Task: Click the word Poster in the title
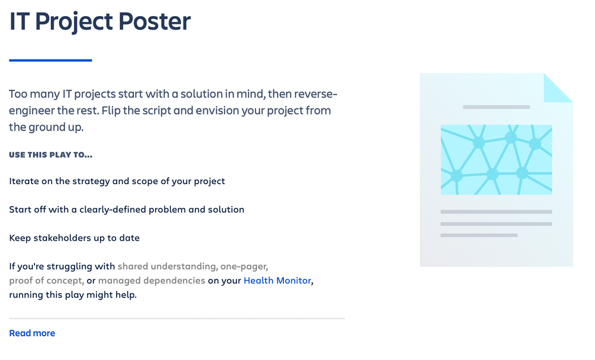point(154,21)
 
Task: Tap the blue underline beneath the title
point(51,60)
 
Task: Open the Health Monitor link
point(278,280)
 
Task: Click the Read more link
point(32,333)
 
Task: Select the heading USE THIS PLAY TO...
point(51,154)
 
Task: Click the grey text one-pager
point(244,266)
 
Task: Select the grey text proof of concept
point(46,281)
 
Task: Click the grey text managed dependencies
point(152,281)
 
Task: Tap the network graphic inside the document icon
point(496,160)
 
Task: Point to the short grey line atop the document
point(496,107)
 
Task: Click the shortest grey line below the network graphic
point(479,235)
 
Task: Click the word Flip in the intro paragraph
point(111,111)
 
